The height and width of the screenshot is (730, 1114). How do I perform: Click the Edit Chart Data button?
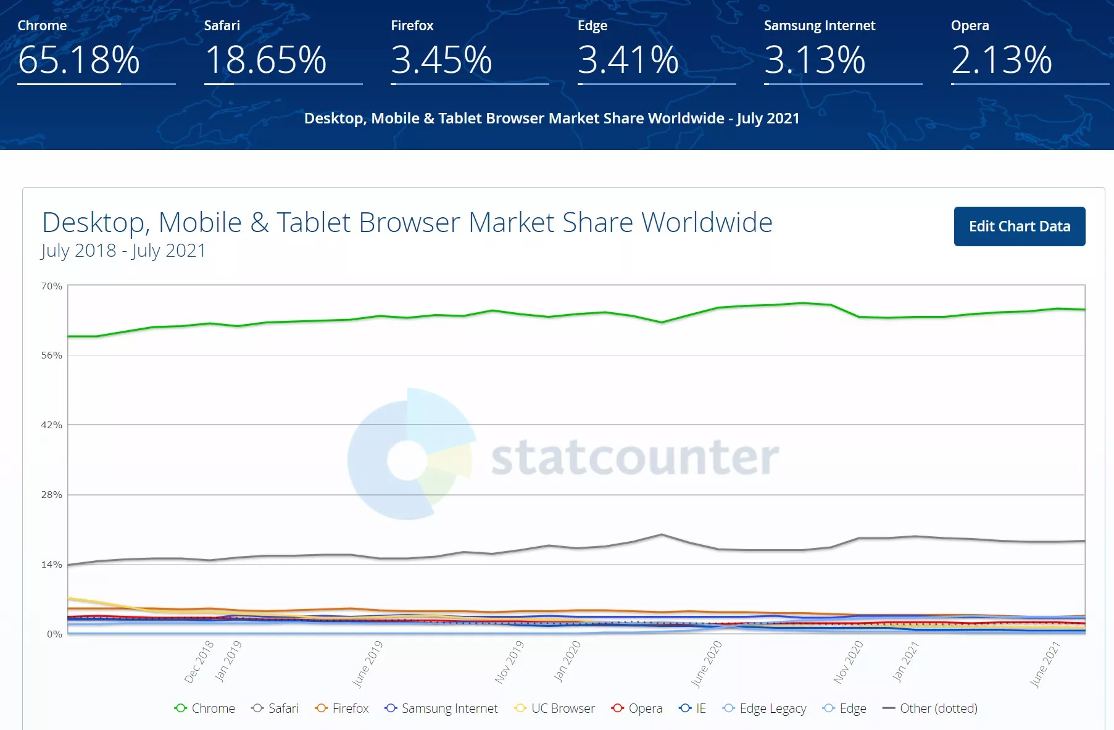[x=1019, y=226]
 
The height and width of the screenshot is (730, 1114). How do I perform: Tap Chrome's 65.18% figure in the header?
[x=79, y=60]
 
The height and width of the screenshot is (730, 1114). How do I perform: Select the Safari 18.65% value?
[x=265, y=60]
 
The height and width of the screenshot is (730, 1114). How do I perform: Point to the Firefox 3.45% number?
[x=441, y=60]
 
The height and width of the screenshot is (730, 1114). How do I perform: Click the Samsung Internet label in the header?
[x=819, y=25]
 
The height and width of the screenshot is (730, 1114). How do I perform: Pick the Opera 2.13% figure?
[x=1001, y=60]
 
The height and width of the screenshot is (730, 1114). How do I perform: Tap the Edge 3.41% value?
[x=628, y=60]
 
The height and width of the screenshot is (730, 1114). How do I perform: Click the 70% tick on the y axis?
[x=52, y=286]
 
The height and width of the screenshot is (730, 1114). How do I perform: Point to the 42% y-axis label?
[x=52, y=425]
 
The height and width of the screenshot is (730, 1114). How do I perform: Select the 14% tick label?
[x=52, y=565]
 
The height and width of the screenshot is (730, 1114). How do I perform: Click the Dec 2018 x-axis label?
[x=199, y=662]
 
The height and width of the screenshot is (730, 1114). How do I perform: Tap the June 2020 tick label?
[x=707, y=663]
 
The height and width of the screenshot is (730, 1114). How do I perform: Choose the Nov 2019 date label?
[x=509, y=662]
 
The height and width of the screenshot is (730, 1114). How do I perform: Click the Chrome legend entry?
[x=205, y=708]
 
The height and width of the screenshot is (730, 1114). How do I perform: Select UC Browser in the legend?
[x=555, y=708]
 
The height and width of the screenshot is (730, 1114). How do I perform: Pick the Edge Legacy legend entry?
[x=765, y=708]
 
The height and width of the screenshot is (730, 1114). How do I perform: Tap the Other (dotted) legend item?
[x=931, y=708]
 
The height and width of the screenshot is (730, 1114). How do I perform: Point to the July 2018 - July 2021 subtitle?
[x=123, y=251]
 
